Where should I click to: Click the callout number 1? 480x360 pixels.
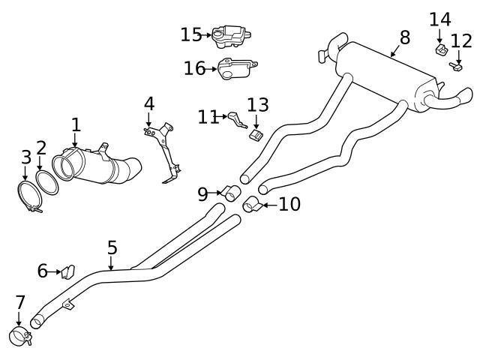(x=75, y=124)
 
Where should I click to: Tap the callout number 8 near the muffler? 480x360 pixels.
(x=405, y=37)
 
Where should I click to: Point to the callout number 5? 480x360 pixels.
(x=112, y=247)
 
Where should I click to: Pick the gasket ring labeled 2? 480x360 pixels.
(x=46, y=182)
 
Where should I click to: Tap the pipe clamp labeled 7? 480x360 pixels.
(x=19, y=337)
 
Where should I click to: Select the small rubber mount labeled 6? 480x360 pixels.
(x=67, y=270)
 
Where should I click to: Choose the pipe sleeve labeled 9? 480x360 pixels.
(x=230, y=193)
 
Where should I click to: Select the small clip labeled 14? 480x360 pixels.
(x=440, y=50)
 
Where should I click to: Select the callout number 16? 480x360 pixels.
(x=195, y=69)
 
